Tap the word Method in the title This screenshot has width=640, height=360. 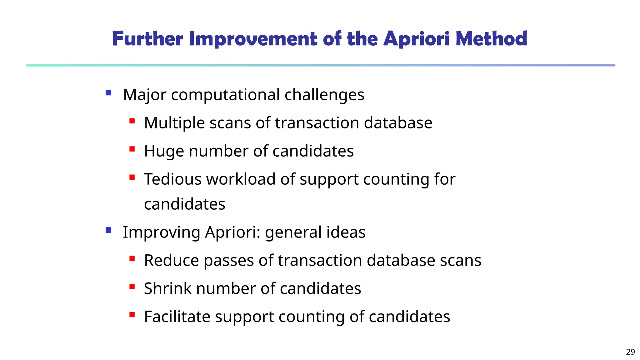click(x=491, y=39)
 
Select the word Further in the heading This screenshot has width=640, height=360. click(x=147, y=39)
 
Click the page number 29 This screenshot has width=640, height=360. click(x=630, y=352)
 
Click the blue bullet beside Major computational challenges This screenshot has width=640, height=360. click(x=108, y=92)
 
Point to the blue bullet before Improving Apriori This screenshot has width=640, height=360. click(x=108, y=230)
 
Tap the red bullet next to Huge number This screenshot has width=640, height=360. click(x=132, y=149)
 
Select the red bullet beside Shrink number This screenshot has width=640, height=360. click(x=132, y=286)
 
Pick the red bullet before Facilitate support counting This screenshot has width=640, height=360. click(x=132, y=315)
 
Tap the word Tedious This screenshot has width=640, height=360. click(x=172, y=179)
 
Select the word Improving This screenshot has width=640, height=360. click(x=162, y=232)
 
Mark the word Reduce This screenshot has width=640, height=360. click(x=172, y=260)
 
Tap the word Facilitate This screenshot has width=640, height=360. click(x=177, y=317)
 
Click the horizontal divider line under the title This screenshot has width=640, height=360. click(x=321, y=65)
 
